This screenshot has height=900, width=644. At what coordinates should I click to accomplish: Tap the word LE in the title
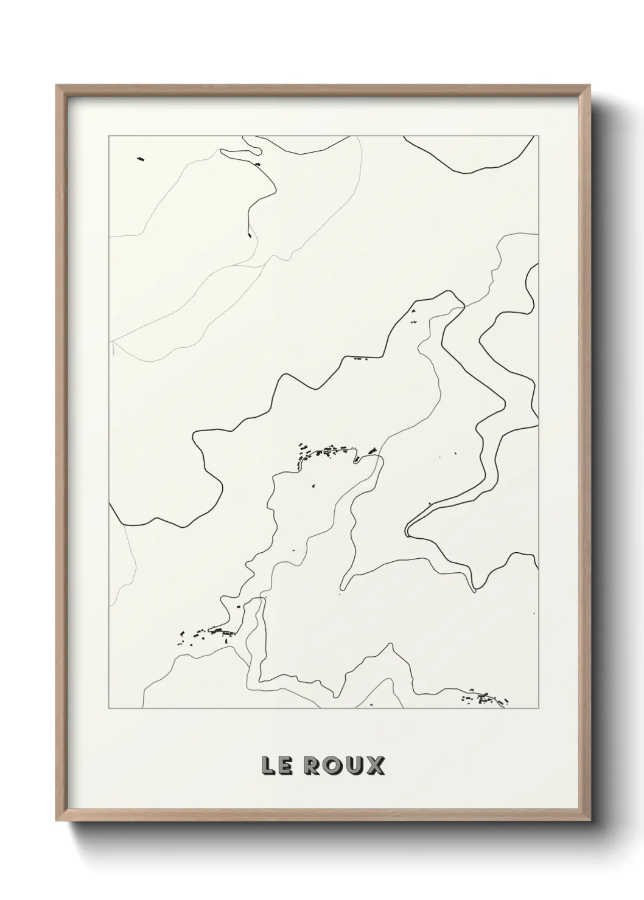274,766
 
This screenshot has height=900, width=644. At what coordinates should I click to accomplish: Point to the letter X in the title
376,766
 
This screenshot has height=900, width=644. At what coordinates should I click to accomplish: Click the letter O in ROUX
332,766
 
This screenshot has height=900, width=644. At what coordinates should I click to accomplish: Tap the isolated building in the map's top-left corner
141,160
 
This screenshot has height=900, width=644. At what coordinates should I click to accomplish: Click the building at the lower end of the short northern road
249,233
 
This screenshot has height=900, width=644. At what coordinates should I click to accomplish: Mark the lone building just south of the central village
314,485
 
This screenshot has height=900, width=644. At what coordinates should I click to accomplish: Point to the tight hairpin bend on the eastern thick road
407,530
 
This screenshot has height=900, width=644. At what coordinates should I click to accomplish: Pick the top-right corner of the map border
538,136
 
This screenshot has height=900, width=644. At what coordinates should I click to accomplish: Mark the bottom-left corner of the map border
109,708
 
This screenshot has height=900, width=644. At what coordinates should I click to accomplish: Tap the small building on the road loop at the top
257,164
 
